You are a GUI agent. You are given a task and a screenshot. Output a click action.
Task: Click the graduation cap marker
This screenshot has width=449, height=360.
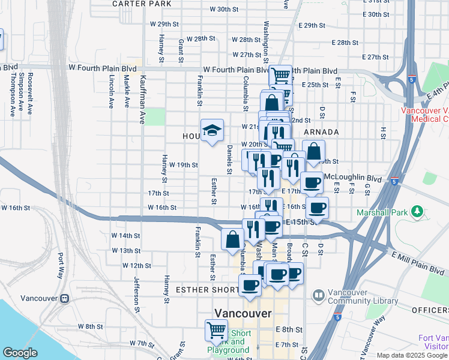pyautogui.click(x=211, y=130)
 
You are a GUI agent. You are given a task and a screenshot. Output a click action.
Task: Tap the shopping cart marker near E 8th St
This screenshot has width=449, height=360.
pyautogui.click(x=216, y=329)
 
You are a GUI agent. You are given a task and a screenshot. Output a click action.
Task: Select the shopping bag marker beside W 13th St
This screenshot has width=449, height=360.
pyautogui.click(x=232, y=239)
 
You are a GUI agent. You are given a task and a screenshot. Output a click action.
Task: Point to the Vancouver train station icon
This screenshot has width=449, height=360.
pyautogui.click(x=64, y=298)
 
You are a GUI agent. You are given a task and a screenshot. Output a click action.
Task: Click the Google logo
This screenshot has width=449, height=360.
pyautogui.click(x=20, y=353)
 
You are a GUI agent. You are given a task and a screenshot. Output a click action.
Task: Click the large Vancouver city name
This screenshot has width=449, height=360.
pyautogui.click(x=243, y=314)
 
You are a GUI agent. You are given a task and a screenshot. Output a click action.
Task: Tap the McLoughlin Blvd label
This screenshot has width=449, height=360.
pyautogui.click(x=352, y=178)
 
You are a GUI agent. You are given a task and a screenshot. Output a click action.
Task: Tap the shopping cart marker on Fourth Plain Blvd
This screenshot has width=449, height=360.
pyautogui.click(x=280, y=76)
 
